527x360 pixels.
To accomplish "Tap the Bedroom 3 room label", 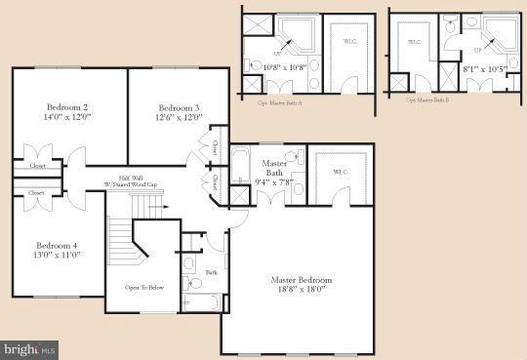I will [180, 107].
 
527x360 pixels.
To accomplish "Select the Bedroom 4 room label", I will [58, 245].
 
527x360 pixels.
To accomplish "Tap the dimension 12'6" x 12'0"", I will [180, 118].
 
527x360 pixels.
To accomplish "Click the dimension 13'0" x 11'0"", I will [58, 255].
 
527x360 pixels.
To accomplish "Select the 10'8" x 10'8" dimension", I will [285, 67].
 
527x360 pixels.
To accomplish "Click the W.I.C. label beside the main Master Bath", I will [339, 173].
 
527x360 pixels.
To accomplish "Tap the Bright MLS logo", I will [30, 348].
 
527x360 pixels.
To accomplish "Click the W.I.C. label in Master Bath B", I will [413, 42].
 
